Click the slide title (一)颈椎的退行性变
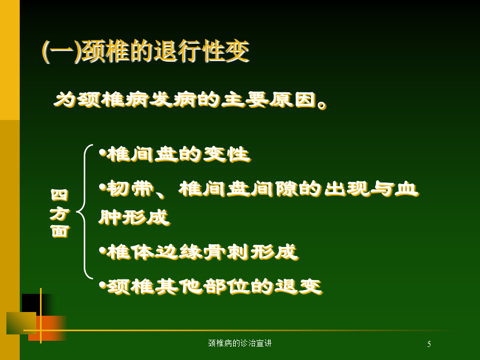(x=146, y=51)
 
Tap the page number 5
(x=429, y=344)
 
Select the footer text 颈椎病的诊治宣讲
(x=239, y=343)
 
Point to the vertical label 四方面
(x=59, y=213)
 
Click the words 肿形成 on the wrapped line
(x=134, y=218)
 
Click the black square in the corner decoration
(x=39, y=303)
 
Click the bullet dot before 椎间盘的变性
(x=102, y=152)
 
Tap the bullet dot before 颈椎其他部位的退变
(x=102, y=285)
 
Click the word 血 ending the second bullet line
(x=406, y=189)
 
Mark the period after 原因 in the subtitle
(x=322, y=105)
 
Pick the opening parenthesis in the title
(x=46, y=51)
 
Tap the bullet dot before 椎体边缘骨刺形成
(x=102, y=250)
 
